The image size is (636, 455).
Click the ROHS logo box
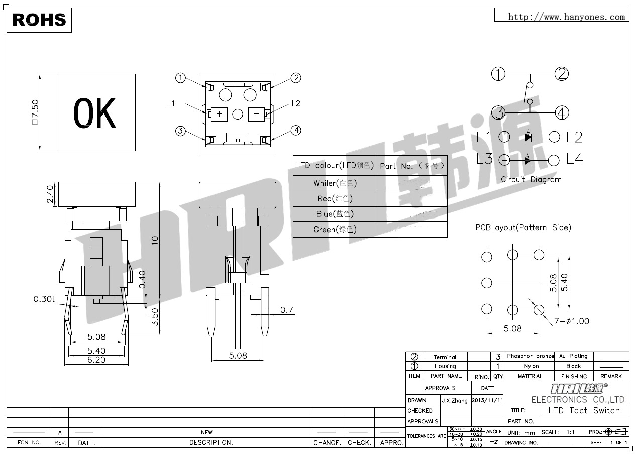(39, 20)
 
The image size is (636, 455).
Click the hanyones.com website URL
(566, 17)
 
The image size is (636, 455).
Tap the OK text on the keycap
(95, 113)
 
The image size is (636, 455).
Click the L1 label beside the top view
(171, 103)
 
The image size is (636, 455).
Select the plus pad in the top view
(220, 114)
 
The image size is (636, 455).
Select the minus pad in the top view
(256, 114)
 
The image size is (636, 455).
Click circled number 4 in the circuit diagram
(562, 112)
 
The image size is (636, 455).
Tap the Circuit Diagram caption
(531, 179)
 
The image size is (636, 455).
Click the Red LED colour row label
(335, 199)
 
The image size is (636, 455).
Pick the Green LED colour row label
(335, 230)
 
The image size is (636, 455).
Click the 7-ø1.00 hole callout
(572, 321)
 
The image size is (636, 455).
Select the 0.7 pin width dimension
(286, 310)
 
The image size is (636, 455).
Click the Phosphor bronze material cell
(530, 356)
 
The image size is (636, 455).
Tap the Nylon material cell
(531, 366)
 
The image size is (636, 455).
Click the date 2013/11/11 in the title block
(487, 400)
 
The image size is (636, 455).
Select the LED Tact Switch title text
(584, 410)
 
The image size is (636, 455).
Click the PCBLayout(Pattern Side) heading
(523, 227)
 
